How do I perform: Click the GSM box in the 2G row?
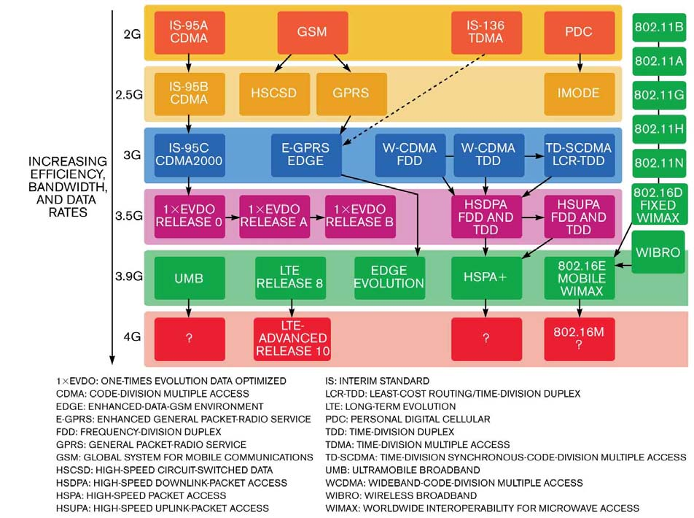(x=313, y=32)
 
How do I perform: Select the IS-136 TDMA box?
(x=486, y=32)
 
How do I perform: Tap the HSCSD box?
(x=274, y=93)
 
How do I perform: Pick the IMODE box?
(x=579, y=93)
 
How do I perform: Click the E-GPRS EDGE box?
(x=306, y=155)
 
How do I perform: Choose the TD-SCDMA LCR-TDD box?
(x=579, y=155)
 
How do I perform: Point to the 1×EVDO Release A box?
(x=274, y=216)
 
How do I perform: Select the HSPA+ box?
(x=486, y=277)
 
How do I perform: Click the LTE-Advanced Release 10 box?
(x=292, y=339)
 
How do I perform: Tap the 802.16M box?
(x=579, y=339)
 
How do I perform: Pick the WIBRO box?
(x=658, y=252)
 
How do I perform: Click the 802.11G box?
(x=658, y=95)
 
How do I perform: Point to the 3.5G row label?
(x=129, y=216)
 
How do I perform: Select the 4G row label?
(x=133, y=337)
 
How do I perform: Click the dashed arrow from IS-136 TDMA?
(x=414, y=99)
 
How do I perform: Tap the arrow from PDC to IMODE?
(x=580, y=63)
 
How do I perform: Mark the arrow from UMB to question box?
(x=189, y=309)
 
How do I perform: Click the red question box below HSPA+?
(x=486, y=339)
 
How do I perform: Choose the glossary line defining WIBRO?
(x=401, y=495)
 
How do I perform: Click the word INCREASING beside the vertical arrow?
(x=68, y=161)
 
